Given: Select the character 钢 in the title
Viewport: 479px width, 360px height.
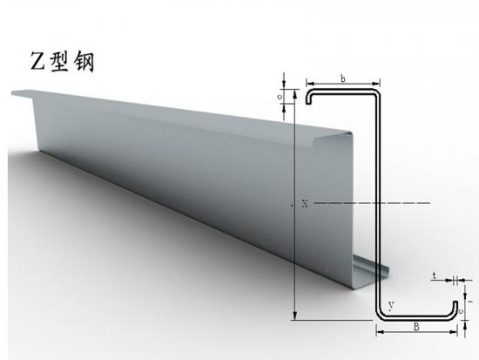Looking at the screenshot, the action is [x=84, y=61].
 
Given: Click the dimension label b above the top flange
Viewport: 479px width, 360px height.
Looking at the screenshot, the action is [x=343, y=78].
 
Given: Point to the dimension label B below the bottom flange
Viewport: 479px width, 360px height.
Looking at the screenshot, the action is [x=416, y=327].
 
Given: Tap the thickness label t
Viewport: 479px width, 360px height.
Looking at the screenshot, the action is [x=434, y=276].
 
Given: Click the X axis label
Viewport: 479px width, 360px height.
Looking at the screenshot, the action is [x=305, y=203].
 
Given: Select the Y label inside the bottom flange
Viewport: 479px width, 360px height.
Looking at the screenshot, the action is [x=392, y=305].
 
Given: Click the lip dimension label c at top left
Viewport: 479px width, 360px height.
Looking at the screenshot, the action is [x=280, y=97].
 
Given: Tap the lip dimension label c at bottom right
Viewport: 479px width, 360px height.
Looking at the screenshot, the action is [x=461, y=311].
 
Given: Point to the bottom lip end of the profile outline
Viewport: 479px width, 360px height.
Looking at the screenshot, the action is [x=455, y=302].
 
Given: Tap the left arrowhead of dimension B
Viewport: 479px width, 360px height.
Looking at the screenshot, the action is [x=380, y=332].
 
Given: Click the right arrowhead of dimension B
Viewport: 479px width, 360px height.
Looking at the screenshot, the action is [x=454, y=332].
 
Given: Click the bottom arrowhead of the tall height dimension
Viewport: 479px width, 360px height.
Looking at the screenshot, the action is [x=294, y=316].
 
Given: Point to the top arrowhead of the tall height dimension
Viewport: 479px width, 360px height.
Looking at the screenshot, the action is [x=294, y=94].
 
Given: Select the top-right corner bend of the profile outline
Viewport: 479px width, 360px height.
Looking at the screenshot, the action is [x=377, y=92].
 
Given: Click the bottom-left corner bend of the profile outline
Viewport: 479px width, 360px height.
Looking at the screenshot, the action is [x=379, y=316].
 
